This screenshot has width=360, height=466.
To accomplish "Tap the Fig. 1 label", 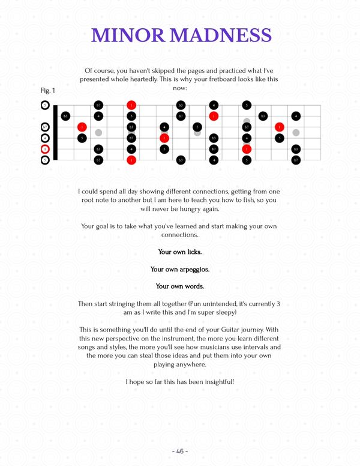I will tap(48, 91).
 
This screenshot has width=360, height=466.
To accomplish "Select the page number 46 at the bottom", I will tap(180, 450).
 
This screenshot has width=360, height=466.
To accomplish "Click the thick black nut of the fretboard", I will tap(55, 133).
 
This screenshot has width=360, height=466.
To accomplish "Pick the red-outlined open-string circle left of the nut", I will tap(45, 149).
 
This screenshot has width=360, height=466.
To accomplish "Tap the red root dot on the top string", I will tap(131, 105).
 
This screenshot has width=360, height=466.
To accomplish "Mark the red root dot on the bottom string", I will tap(131, 160).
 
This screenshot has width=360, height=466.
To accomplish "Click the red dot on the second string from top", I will tap(214, 116).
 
